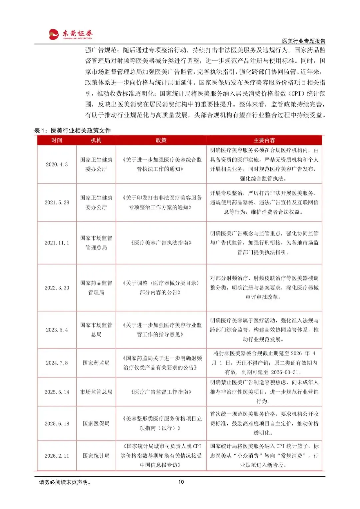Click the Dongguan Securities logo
coord(71,34)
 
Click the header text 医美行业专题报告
coord(303,41)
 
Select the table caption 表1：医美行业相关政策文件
coord(72,130)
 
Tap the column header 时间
coord(57,140)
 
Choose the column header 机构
coord(96,140)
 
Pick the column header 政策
coord(161,140)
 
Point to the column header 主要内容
coord(264,140)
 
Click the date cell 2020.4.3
coord(57,164)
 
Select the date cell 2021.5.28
coord(57,202)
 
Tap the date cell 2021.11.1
coord(57,243)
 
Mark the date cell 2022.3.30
coord(57,288)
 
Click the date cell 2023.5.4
coord(57,330)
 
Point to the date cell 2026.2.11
coord(57,456)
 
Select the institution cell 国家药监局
coord(96,363)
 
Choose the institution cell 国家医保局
coord(96,424)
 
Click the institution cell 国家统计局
coord(96,456)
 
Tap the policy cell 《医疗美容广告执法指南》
coord(161,243)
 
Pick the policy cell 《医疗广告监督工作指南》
coord(161,392)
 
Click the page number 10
coord(181,482)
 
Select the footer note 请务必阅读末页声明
coord(65,482)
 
